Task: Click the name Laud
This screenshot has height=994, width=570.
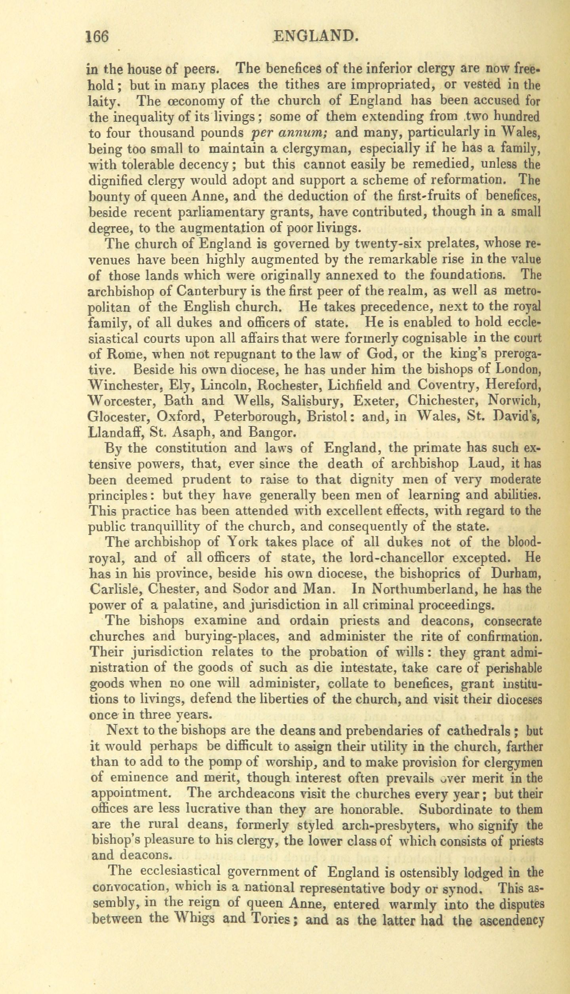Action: (484, 463)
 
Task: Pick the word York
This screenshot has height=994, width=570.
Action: (246, 542)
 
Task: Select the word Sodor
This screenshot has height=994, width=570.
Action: (253, 589)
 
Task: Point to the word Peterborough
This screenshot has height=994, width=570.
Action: (256, 417)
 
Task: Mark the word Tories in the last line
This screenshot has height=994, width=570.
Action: (267, 907)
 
